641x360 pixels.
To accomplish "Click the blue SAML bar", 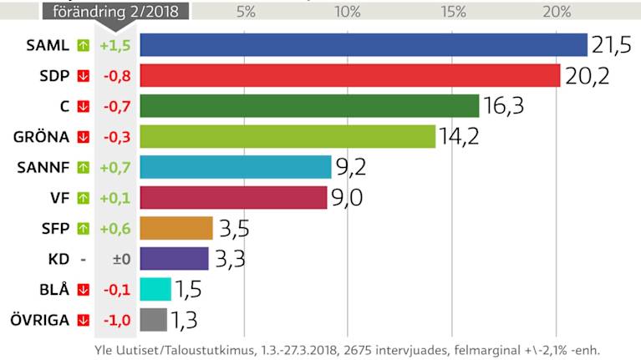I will coord(364,45).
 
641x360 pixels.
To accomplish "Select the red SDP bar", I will coord(349,75).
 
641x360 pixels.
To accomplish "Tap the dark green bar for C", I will coord(309,106).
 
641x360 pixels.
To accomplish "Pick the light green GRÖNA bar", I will coord(287,136).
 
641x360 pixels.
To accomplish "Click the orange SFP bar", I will coord(176,228).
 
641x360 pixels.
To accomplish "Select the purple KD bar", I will coord(174,258).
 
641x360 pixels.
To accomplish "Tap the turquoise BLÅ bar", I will coord(155,289).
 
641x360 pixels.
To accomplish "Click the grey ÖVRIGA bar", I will coord(154,319).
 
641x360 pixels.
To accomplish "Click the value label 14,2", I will coord(459,136).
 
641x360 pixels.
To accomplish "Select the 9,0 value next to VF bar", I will coord(348,198).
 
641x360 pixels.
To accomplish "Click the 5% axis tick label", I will coord(246,12).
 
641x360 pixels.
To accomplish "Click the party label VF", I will coord(59,198).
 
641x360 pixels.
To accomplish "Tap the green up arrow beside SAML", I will coord(83,45).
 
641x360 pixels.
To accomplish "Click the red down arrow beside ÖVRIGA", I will coord(83,319).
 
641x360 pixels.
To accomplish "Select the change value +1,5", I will coord(114,45).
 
